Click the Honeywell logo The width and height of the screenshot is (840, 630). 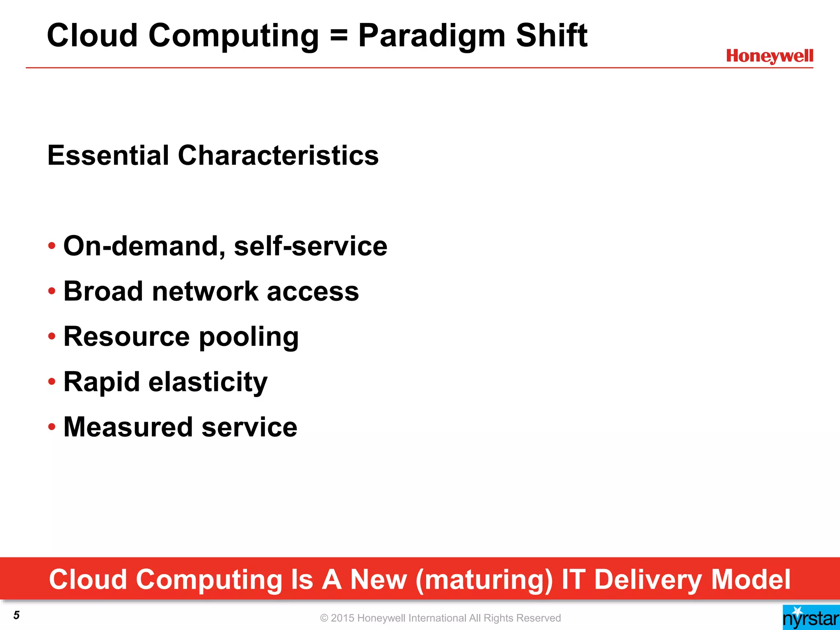click(x=769, y=56)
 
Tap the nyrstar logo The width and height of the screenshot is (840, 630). click(x=811, y=618)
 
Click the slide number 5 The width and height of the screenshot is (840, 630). click(x=16, y=615)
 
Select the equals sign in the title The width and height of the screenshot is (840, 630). click(x=338, y=36)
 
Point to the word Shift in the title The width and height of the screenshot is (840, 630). click(x=552, y=36)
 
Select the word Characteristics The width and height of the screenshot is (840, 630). click(x=278, y=155)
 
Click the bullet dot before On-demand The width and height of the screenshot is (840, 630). click(x=52, y=246)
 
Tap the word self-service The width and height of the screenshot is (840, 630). click(x=310, y=246)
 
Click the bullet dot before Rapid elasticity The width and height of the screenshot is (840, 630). click(x=52, y=382)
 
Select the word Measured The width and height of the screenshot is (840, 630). click(x=128, y=427)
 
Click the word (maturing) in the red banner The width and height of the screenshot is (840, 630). click(x=484, y=580)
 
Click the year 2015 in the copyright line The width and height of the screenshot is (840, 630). click(x=342, y=618)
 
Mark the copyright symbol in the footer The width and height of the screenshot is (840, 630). click(x=324, y=618)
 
